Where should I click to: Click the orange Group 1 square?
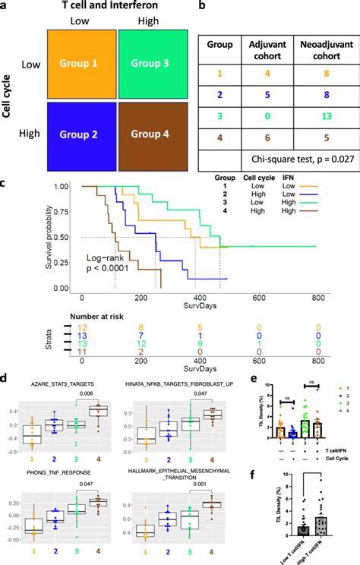[84, 64]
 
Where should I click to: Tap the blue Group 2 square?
[84, 135]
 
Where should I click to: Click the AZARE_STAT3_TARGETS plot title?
[62, 386]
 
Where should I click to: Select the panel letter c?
[5, 182]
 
